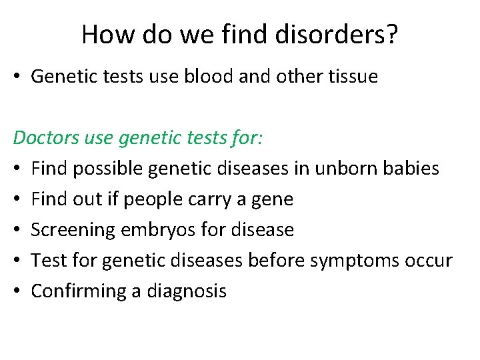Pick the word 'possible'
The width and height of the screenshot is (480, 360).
107,169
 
